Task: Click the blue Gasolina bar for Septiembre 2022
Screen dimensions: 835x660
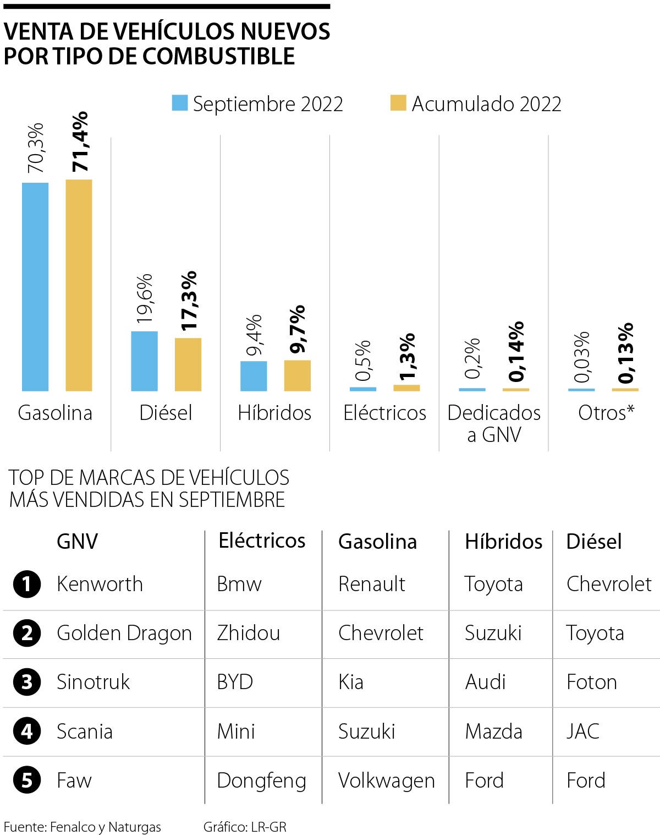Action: [x=35, y=286]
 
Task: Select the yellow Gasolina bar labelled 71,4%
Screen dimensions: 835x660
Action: [x=79, y=285]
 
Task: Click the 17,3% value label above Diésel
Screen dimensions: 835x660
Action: [x=189, y=301]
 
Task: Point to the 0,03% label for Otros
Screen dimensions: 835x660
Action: [x=581, y=357]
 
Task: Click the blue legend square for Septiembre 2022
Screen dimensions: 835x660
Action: [x=180, y=103]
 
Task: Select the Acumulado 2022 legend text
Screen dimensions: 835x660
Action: [x=486, y=104]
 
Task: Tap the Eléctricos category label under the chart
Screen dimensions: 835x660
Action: [x=384, y=413]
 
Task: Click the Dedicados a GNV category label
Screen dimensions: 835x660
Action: [x=494, y=423]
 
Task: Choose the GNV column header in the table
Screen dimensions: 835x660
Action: [x=77, y=541]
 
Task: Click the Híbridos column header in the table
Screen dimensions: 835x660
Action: [x=503, y=541]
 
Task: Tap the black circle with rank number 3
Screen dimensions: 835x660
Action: [x=27, y=683]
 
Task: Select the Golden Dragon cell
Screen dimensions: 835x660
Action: [x=124, y=633]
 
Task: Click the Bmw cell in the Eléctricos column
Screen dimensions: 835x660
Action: [x=239, y=584]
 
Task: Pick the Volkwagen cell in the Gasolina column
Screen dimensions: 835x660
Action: [x=386, y=781]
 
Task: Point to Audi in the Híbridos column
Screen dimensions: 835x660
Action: [x=485, y=682]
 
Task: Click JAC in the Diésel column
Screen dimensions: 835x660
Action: [x=582, y=732]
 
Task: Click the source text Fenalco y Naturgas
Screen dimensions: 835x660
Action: [x=105, y=827]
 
